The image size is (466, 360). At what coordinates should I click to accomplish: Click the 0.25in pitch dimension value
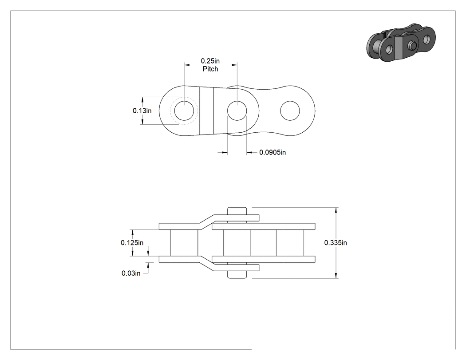(210, 61)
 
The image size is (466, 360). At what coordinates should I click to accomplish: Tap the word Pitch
(210, 69)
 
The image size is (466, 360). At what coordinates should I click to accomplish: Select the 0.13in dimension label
(142, 111)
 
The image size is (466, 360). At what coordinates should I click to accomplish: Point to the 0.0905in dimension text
(272, 153)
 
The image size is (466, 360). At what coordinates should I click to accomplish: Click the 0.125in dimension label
(132, 243)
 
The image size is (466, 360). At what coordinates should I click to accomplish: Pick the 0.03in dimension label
(131, 273)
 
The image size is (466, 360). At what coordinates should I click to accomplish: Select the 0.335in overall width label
(336, 243)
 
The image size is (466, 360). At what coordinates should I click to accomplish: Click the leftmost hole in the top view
(184, 111)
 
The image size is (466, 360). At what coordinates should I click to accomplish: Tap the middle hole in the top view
(237, 111)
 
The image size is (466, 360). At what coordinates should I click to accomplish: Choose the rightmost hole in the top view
(290, 111)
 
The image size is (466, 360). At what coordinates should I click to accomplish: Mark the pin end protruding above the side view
(237, 211)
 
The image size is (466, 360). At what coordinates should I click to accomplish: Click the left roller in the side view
(184, 243)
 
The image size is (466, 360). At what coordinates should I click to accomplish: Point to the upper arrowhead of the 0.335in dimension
(336, 210)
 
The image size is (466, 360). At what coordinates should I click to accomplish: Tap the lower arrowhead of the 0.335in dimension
(336, 276)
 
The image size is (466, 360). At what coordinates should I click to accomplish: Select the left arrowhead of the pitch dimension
(187, 64)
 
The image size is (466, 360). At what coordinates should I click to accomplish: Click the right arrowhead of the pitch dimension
(234, 64)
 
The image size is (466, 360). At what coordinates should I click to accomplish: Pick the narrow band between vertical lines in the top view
(206, 111)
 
